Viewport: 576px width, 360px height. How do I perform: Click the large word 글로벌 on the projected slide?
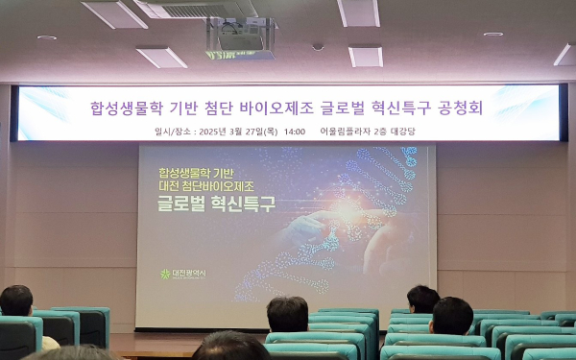[x=188, y=203]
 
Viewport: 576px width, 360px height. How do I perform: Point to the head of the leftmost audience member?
[x=16, y=300]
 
